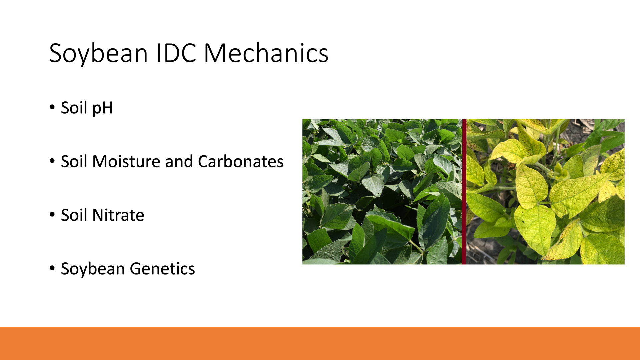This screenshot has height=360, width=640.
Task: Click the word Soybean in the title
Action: click(99, 54)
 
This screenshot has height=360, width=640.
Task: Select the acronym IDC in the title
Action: click(176, 53)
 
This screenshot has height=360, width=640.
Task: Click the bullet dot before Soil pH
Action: click(52, 107)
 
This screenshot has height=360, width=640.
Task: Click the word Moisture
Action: click(126, 161)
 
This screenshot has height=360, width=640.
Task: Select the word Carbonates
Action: click(241, 161)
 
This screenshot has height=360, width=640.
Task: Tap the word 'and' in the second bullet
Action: click(179, 161)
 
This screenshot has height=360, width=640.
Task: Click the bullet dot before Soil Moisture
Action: click(52, 161)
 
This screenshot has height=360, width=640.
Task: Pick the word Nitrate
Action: click(118, 215)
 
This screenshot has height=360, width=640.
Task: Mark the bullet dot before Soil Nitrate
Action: click(52, 215)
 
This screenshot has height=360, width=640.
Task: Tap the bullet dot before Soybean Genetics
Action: click(52, 268)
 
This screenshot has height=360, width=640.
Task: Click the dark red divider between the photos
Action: click(464, 192)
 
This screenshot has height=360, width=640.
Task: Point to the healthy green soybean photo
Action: click(382, 192)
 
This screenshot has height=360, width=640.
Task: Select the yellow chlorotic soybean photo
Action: click(545, 192)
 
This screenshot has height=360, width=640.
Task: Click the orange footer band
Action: click(320, 344)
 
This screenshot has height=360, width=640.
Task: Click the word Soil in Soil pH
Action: click(74, 108)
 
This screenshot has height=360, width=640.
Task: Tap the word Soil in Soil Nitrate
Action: click(74, 215)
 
